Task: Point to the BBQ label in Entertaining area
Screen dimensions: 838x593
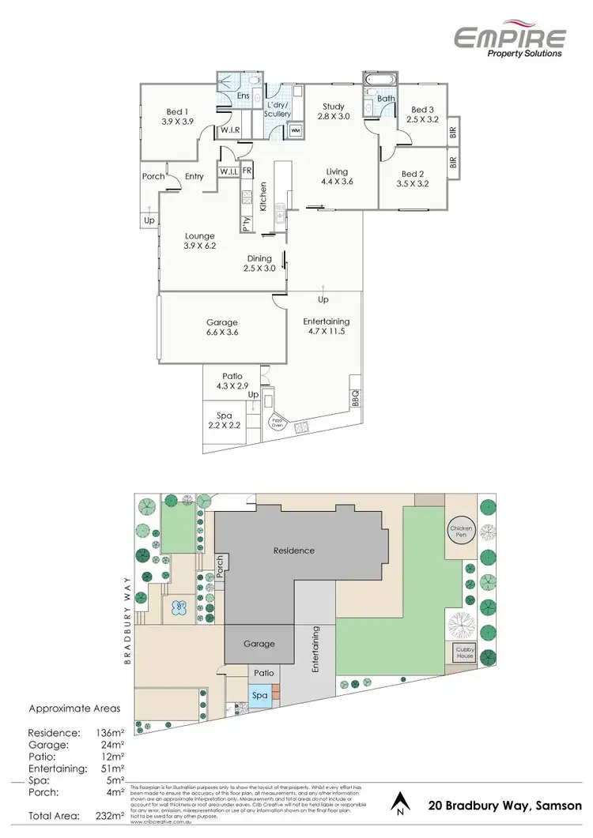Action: coord(355,394)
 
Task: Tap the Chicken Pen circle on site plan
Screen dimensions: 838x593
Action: coord(461,532)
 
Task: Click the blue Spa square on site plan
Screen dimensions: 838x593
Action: coord(260,695)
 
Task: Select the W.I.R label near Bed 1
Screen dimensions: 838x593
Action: coord(230,130)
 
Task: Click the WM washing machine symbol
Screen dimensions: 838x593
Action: coord(295,130)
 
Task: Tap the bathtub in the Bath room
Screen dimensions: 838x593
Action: coord(374,81)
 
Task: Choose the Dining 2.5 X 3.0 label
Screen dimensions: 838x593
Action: coord(260,263)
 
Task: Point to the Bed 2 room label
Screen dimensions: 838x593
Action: coord(414,178)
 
